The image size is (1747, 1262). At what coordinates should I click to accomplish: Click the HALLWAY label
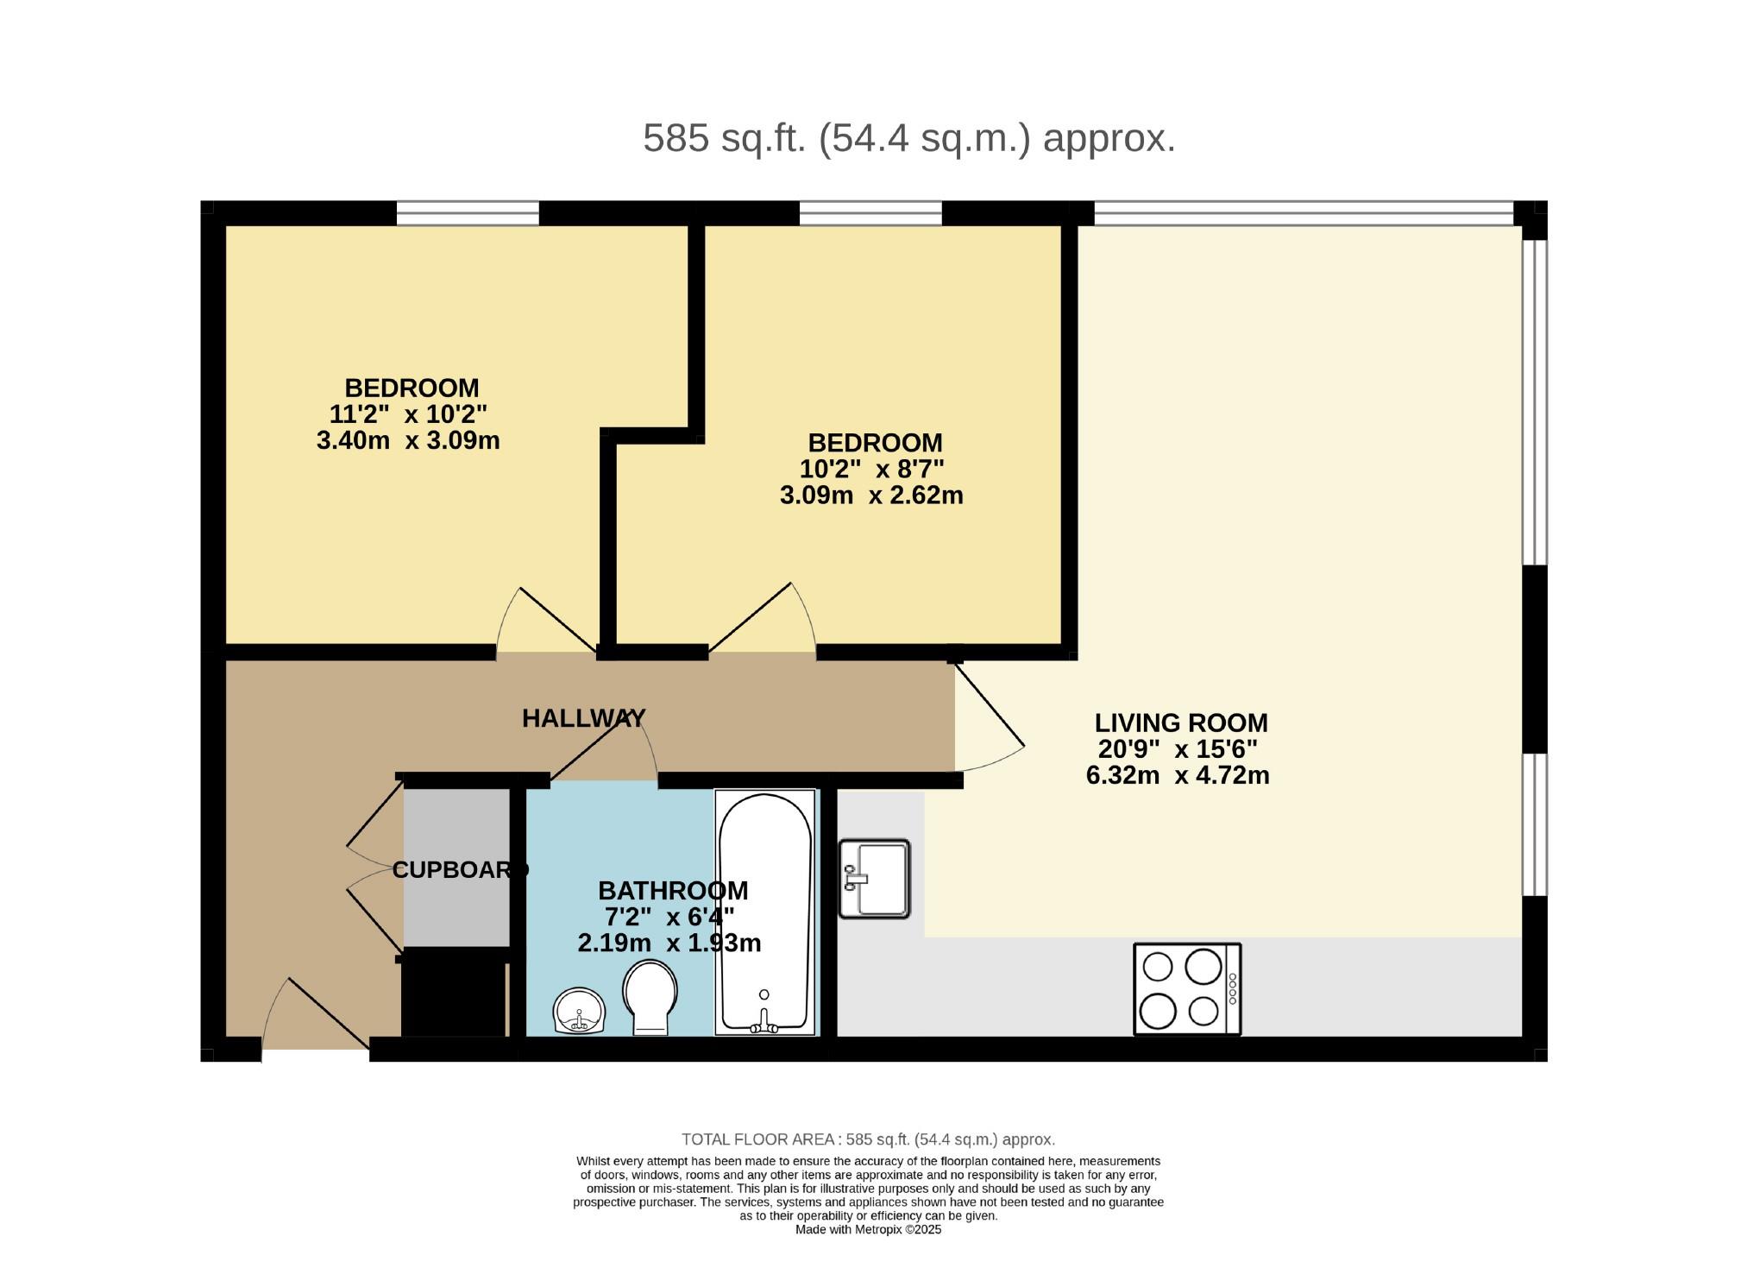click(x=583, y=718)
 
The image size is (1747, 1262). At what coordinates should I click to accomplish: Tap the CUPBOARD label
click(x=460, y=870)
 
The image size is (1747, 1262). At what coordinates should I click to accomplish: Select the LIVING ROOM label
click(x=1181, y=722)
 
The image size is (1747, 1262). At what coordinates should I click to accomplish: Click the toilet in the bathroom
click(x=651, y=998)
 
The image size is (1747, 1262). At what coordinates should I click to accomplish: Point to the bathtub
click(x=764, y=912)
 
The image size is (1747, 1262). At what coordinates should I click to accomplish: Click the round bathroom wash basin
click(x=579, y=1012)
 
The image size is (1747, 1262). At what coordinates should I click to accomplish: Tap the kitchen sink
click(x=875, y=879)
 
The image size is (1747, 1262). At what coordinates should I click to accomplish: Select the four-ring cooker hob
click(x=1187, y=989)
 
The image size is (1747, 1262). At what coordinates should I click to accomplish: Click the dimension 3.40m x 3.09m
click(x=408, y=441)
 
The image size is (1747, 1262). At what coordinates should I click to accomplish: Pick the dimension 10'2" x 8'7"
click(x=872, y=470)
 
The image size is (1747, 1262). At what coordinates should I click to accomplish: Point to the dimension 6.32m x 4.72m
click(x=1178, y=775)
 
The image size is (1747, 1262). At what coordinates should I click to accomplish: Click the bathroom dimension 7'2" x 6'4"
click(x=669, y=917)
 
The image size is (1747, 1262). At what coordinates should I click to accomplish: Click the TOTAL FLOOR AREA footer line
click(x=869, y=1139)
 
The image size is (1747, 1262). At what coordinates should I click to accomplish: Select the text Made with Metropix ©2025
click(x=869, y=1230)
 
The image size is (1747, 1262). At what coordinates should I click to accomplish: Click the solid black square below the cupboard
click(x=454, y=992)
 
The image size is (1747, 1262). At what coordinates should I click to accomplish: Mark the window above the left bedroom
click(x=468, y=212)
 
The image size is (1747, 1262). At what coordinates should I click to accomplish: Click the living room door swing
click(x=990, y=716)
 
